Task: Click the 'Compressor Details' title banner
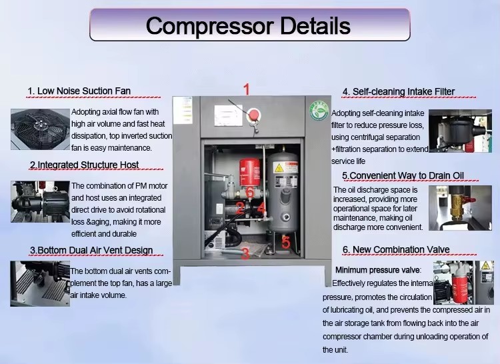coord(250,25)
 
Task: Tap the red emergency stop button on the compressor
coord(254,115)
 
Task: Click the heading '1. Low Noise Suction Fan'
coord(79,91)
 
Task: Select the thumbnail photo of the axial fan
coord(40,129)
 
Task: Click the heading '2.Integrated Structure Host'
coord(84,165)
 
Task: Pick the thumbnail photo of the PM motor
coord(40,201)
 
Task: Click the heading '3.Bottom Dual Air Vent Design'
coord(91,250)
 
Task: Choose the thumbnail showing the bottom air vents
coord(40,284)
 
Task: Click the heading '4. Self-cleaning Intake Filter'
coord(399,91)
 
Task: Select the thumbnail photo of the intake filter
coord(460,131)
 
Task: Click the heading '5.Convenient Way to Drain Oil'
coord(403,175)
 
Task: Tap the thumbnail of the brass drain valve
coord(460,208)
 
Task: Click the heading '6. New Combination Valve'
coord(396,249)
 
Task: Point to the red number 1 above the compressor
coord(247,89)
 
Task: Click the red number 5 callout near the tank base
coord(286,242)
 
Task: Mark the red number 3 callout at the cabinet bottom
coord(245,254)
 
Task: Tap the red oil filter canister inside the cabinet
coord(250,173)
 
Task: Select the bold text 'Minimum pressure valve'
coord(377,270)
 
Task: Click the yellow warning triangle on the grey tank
coord(279,167)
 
